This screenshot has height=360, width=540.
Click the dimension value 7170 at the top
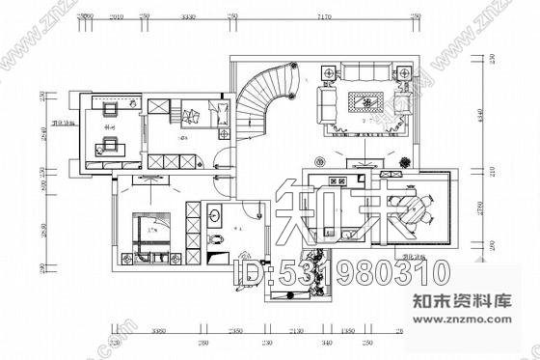(x=324, y=16)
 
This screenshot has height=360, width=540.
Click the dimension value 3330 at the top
(x=189, y=16)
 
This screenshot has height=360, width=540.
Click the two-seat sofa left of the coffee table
(x=329, y=100)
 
